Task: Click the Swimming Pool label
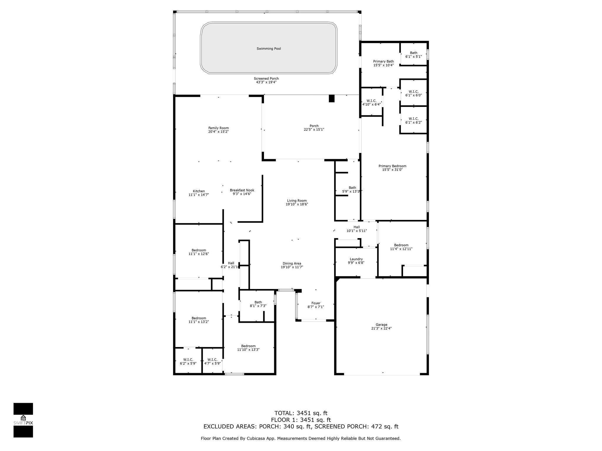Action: (x=269, y=49)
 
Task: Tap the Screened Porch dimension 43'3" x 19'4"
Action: (x=266, y=82)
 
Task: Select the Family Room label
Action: (x=218, y=128)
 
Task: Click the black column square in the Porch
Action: (x=332, y=98)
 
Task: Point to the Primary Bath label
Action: (x=383, y=61)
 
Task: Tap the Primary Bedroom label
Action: (x=392, y=166)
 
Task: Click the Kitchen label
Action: (x=199, y=191)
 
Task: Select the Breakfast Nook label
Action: (x=242, y=190)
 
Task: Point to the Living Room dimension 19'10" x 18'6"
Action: (x=297, y=204)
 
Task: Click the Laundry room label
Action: (x=356, y=259)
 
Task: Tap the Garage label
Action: (x=381, y=324)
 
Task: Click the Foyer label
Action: (x=316, y=303)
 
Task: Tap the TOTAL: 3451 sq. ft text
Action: (x=301, y=413)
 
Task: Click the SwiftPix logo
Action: (x=23, y=420)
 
